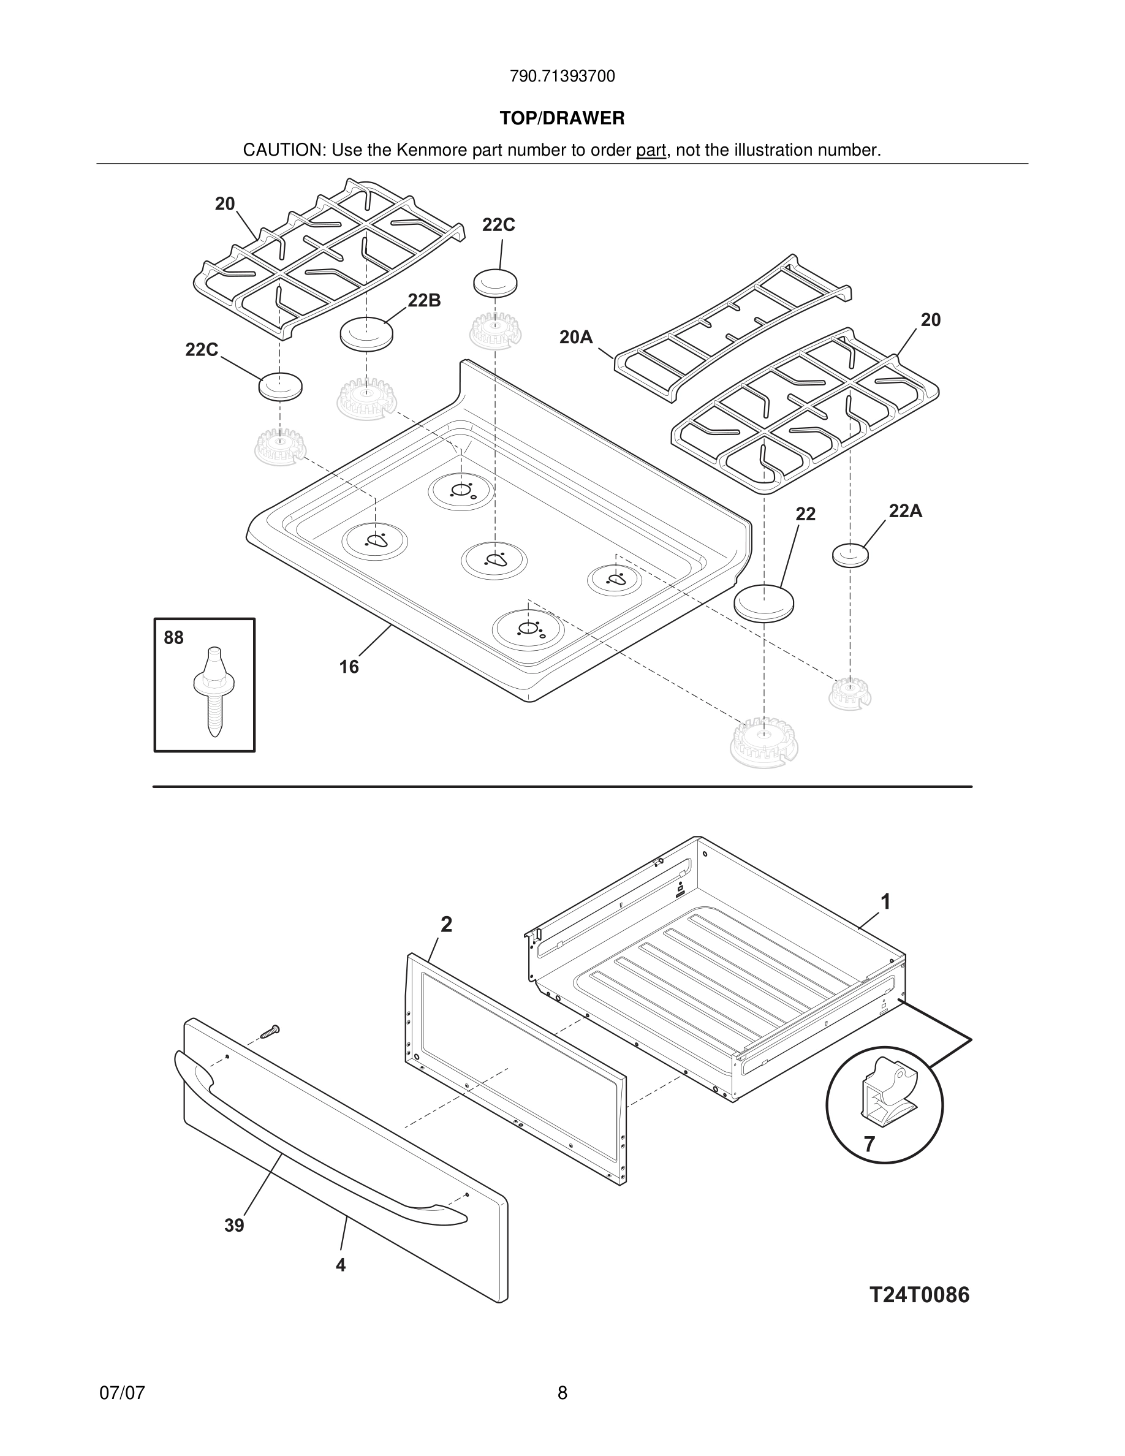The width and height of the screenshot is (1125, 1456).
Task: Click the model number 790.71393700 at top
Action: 562,77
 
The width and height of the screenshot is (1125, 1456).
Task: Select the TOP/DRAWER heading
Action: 562,119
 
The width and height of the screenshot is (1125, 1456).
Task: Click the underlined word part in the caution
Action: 651,151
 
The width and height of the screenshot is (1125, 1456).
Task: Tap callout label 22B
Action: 424,301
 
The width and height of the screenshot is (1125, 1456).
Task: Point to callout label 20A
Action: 576,337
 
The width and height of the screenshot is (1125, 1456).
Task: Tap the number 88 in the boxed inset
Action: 173,638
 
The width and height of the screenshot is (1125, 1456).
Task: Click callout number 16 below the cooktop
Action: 349,667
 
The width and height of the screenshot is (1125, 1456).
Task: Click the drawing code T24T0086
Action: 919,1295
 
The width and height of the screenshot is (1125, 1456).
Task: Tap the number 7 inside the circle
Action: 869,1144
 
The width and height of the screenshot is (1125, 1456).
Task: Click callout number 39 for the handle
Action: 234,1226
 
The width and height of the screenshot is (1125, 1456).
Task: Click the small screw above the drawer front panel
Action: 270,1032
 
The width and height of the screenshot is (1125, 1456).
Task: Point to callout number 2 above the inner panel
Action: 447,924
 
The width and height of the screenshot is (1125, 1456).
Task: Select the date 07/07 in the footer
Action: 122,1393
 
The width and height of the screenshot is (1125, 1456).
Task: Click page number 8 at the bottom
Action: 562,1393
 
